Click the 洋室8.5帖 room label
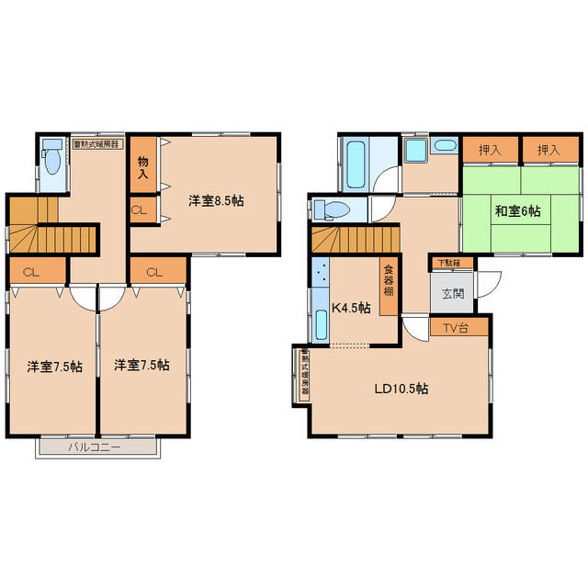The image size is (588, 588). pos(216,201)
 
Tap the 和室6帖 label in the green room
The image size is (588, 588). pos(518,211)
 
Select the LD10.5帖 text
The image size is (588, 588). pos(401,389)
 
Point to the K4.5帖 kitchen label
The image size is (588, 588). pos(351,308)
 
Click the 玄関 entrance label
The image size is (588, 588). pos(453,293)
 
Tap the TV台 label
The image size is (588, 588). pos(456,328)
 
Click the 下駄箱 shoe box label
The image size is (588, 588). pos(449,263)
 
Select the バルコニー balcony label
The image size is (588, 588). pos(94,447)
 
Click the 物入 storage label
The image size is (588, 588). pos(143,167)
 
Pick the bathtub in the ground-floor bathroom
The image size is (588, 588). pos(356,164)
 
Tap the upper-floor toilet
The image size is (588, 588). pos(52,157)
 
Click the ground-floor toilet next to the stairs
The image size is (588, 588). pos(333,209)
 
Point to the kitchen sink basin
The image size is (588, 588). pos(321,324)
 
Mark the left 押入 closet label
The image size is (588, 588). pos(490,150)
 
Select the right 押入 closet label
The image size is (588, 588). pos(548,150)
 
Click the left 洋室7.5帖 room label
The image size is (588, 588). pos(55,367)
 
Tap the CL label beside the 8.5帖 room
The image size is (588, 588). pos(139,210)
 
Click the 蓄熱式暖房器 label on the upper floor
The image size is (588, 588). pos(96,144)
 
